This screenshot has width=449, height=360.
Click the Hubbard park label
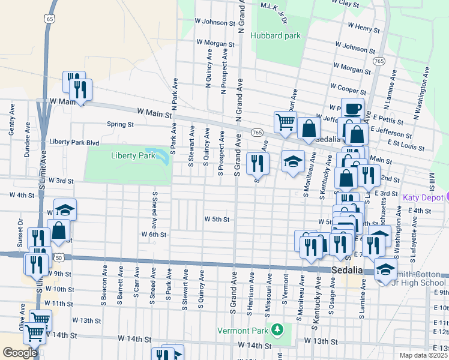click(x=275, y=35)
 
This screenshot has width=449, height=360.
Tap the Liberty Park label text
click(x=133, y=155)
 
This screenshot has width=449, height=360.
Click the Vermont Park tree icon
click(x=277, y=329)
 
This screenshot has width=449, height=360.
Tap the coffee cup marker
click(x=352, y=109)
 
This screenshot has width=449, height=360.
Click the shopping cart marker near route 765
click(x=285, y=122)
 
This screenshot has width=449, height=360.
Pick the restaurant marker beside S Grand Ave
click(x=258, y=163)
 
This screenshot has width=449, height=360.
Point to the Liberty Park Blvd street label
click(x=74, y=142)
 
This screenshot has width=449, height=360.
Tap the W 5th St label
click(x=217, y=220)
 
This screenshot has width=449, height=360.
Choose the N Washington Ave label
click(x=427, y=90)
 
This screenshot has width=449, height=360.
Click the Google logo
click(x=20, y=353)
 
